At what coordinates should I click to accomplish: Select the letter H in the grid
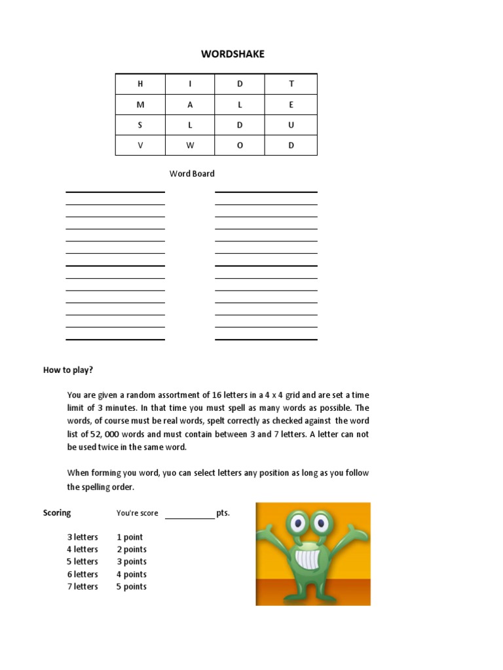click(140, 84)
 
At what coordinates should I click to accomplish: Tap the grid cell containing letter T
click(291, 84)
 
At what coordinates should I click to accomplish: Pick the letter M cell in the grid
click(140, 105)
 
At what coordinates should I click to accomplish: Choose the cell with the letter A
click(191, 105)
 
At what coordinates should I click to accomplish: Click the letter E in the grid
click(291, 105)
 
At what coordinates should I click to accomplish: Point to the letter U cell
click(291, 125)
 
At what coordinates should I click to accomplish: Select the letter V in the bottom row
click(140, 145)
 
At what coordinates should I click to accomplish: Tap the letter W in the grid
click(191, 145)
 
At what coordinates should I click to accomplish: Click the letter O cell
click(240, 145)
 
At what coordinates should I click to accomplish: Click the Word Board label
click(192, 174)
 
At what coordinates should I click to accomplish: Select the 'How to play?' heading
click(68, 370)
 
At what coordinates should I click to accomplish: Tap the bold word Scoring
click(57, 513)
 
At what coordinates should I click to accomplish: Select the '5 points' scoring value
click(132, 587)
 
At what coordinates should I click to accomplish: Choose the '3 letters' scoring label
click(83, 537)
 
